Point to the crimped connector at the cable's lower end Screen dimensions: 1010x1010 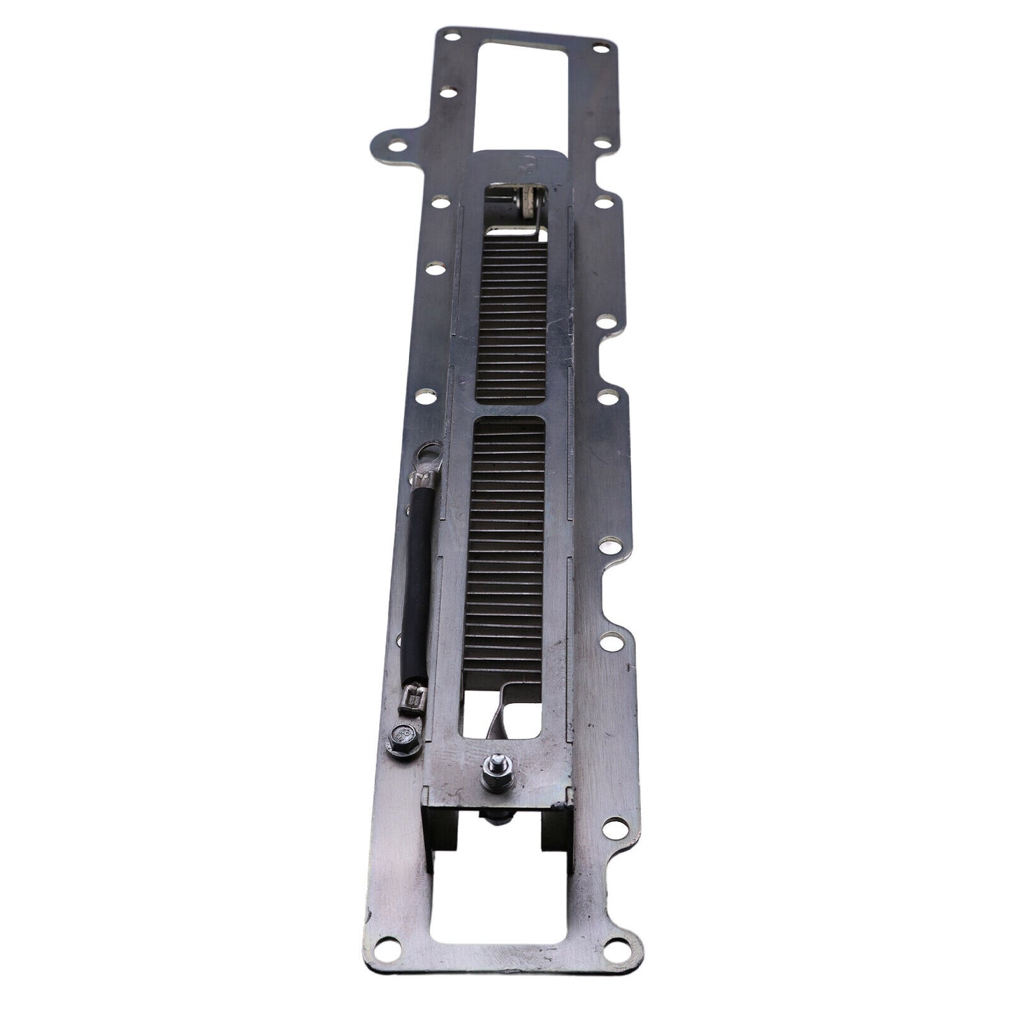click(415, 696)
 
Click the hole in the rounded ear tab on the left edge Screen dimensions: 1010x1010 click(396, 147)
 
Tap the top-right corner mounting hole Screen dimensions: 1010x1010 click(599, 48)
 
